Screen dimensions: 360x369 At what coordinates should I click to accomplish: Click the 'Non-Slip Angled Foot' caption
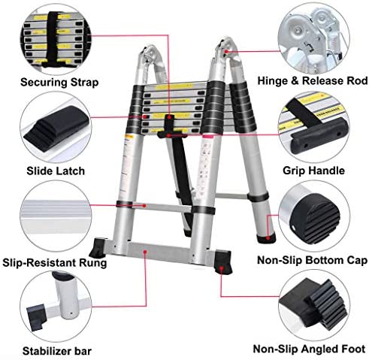[x=310, y=349]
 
